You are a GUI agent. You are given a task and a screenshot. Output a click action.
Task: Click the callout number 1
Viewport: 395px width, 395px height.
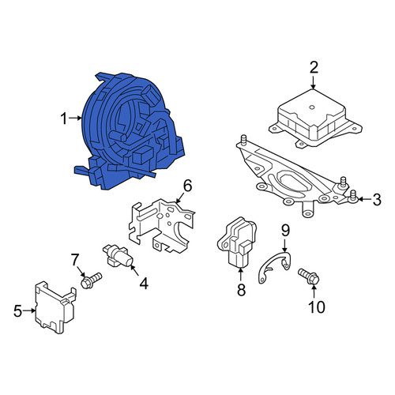point(64,118)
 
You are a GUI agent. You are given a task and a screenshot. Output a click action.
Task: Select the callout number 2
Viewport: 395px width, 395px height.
point(314,67)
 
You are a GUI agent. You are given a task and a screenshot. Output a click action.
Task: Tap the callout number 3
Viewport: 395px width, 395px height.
point(377,200)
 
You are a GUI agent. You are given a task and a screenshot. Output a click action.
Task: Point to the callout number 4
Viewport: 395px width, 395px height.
point(144,284)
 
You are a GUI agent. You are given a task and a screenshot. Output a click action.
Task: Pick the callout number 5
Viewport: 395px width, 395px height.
point(17,311)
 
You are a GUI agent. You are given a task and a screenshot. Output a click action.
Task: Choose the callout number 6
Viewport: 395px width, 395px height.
point(187,186)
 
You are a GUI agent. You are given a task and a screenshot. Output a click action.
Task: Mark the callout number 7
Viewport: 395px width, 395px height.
point(75,260)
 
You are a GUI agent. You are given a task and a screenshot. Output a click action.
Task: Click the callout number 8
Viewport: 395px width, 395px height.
point(241,290)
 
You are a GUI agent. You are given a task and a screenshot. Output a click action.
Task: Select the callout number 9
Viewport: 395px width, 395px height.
point(285,231)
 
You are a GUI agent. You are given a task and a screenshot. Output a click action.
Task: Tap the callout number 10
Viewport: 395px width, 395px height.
point(317,307)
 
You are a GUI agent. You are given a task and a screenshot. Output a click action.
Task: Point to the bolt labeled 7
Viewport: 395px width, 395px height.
point(91,280)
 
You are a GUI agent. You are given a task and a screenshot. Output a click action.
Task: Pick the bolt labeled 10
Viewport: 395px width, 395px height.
point(309,276)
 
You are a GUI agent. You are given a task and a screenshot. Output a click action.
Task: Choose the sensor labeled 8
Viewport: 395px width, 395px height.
point(237,243)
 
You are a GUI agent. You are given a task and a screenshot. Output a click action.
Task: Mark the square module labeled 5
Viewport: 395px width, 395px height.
point(55,308)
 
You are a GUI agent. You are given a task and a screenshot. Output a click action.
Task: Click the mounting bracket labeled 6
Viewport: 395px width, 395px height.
point(161,226)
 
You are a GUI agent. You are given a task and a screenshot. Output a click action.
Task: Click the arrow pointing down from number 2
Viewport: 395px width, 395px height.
point(314,82)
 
